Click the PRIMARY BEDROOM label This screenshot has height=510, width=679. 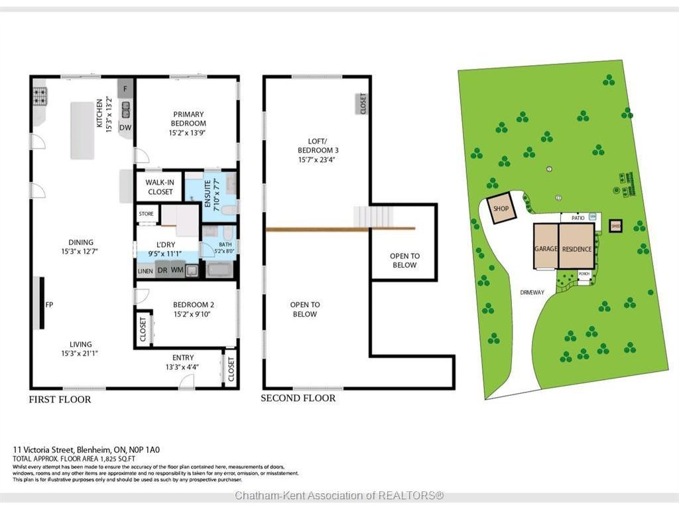[x=187, y=119]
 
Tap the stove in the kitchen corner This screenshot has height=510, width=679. [x=40, y=97]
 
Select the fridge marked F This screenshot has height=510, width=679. [x=125, y=88]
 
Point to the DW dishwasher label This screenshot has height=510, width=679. [x=125, y=127]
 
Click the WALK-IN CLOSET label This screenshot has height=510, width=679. [x=160, y=187]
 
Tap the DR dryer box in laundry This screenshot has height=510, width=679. [x=162, y=270]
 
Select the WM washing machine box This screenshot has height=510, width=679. [x=178, y=270]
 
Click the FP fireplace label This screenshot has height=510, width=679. [x=49, y=305]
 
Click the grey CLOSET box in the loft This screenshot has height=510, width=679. [x=362, y=104]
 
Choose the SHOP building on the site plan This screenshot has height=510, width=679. [x=501, y=209]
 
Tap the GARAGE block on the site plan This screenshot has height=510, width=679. [x=546, y=246]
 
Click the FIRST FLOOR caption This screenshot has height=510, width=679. [x=60, y=399]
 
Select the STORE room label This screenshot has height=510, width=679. [x=146, y=214]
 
